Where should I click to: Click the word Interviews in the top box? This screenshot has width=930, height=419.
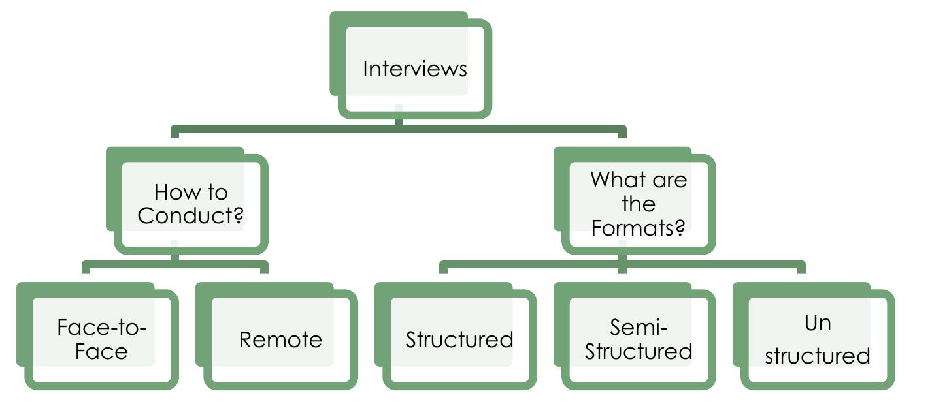(415, 69)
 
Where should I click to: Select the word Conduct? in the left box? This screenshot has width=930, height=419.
(191, 216)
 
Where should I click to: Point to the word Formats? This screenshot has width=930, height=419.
(638, 228)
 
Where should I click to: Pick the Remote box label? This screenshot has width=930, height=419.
(280, 339)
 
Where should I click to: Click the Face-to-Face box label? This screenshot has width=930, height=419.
(101, 339)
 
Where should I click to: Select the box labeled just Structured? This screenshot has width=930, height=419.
(459, 339)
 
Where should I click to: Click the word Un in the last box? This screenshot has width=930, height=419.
(817, 322)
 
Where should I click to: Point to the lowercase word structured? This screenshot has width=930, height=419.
(817, 356)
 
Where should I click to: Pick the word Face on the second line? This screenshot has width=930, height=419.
(101, 352)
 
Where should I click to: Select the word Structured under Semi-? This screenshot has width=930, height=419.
(638, 351)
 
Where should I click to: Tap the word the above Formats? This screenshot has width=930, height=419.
(638, 204)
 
